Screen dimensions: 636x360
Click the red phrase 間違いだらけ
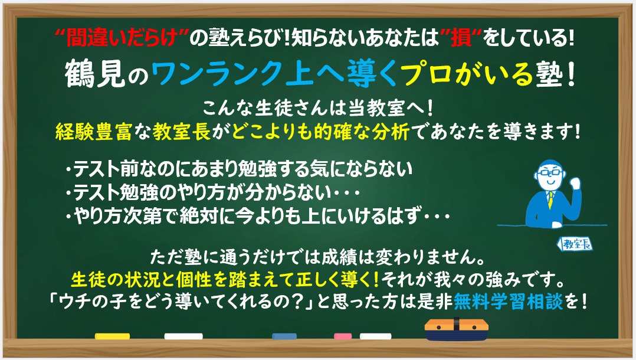pos(122,38)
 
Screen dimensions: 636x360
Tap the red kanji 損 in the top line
pos(460,38)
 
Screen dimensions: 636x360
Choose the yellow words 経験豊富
pos(93,132)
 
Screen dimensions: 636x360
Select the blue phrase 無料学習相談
pos(508,301)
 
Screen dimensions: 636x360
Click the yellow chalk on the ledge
pos(112,336)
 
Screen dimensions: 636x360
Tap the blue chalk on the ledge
pos(284,336)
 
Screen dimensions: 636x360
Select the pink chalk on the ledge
pos(343,336)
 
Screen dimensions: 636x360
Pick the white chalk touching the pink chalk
pos(376,336)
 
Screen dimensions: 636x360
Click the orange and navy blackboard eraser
pos(456,329)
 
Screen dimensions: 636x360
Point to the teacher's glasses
pos(550,172)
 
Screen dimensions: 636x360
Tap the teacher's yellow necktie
pos(550,199)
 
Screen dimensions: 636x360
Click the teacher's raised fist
pos(575,183)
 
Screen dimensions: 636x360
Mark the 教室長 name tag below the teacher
pos(575,244)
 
